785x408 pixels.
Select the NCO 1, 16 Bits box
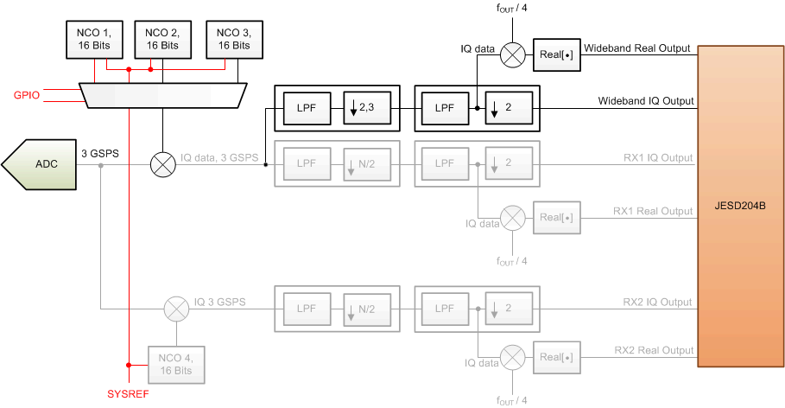95,38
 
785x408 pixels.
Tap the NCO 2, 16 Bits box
161,38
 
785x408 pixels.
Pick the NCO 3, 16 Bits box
232,38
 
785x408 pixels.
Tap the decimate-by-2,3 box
366,107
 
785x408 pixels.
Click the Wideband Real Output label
637,48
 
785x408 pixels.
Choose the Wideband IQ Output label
646,101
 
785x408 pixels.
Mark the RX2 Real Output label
653,350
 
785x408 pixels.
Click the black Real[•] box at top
554,55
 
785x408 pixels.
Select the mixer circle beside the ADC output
162,163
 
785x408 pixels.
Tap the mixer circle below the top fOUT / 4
513,55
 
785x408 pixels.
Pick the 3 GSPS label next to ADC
100,153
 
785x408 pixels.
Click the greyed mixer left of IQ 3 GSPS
176,307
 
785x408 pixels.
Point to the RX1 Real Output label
653,211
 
